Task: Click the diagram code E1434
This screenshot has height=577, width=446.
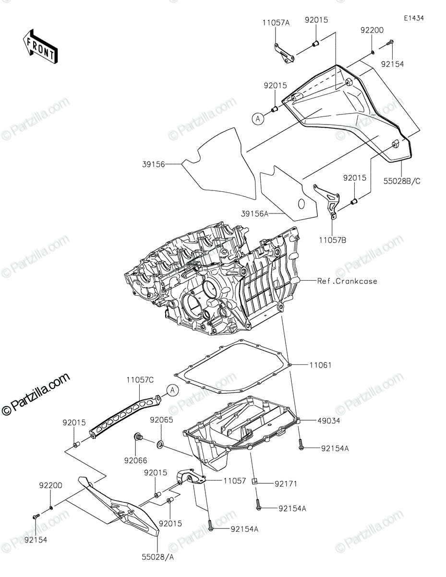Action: (413, 18)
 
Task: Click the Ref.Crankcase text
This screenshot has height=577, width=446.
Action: (347, 281)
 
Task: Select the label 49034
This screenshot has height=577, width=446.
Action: (327, 420)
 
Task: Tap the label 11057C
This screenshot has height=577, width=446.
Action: (140, 380)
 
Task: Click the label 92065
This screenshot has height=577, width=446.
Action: (161, 420)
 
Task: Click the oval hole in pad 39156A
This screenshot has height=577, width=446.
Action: (301, 204)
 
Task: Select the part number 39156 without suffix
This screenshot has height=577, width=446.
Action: (154, 164)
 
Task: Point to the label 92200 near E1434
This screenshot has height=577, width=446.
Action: (372, 30)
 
